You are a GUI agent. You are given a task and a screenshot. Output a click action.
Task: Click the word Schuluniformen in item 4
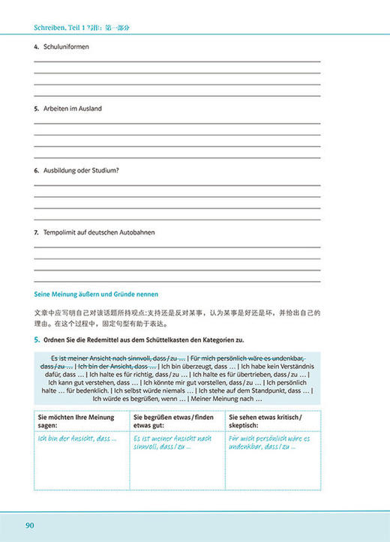tap(67, 47)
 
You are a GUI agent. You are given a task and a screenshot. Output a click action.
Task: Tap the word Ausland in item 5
tap(88, 109)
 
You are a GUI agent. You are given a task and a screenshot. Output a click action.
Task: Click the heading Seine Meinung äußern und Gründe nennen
tap(97, 293)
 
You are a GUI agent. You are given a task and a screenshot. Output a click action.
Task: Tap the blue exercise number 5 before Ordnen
tap(37, 341)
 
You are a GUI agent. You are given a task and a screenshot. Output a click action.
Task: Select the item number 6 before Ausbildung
tap(36, 170)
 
